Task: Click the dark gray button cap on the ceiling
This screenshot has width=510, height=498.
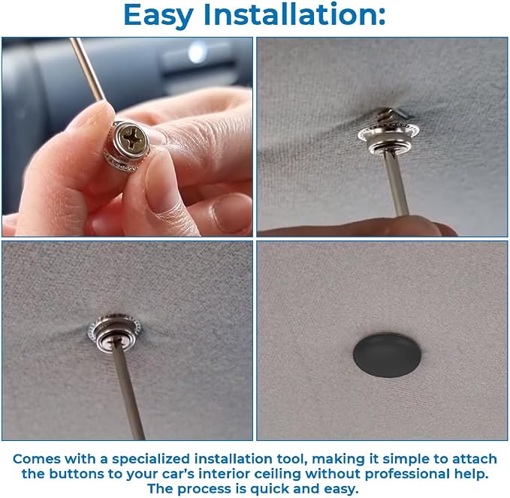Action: (x=387, y=355)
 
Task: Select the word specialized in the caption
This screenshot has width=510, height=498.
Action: (x=150, y=459)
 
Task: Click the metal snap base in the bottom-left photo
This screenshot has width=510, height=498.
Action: (x=114, y=332)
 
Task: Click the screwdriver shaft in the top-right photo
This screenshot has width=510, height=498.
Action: (x=396, y=183)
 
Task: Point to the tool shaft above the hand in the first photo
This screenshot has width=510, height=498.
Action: (x=87, y=69)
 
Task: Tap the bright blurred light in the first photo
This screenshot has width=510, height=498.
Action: (x=197, y=52)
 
